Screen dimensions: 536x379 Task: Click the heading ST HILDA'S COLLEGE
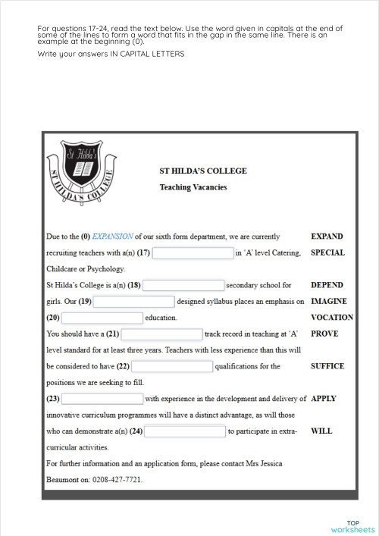(202, 171)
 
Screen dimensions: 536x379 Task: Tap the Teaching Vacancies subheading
(193, 187)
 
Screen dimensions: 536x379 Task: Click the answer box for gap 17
(193, 253)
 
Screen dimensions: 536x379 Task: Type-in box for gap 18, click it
(183, 286)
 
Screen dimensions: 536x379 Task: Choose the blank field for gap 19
(134, 302)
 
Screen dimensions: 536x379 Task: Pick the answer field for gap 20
(102, 318)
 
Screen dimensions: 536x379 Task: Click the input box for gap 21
(161, 334)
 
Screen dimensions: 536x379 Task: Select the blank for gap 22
(171, 366)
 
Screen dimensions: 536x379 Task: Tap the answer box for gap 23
(102, 399)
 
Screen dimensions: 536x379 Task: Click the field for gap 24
(184, 431)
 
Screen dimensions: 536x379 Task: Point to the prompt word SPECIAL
(327, 252)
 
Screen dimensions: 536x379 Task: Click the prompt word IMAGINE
(329, 301)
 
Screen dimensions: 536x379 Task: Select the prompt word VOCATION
(332, 318)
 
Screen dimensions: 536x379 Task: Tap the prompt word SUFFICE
(327, 366)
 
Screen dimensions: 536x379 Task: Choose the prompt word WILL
(321, 431)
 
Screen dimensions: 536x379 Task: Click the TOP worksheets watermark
(352, 526)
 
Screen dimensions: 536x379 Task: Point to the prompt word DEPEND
(327, 285)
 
